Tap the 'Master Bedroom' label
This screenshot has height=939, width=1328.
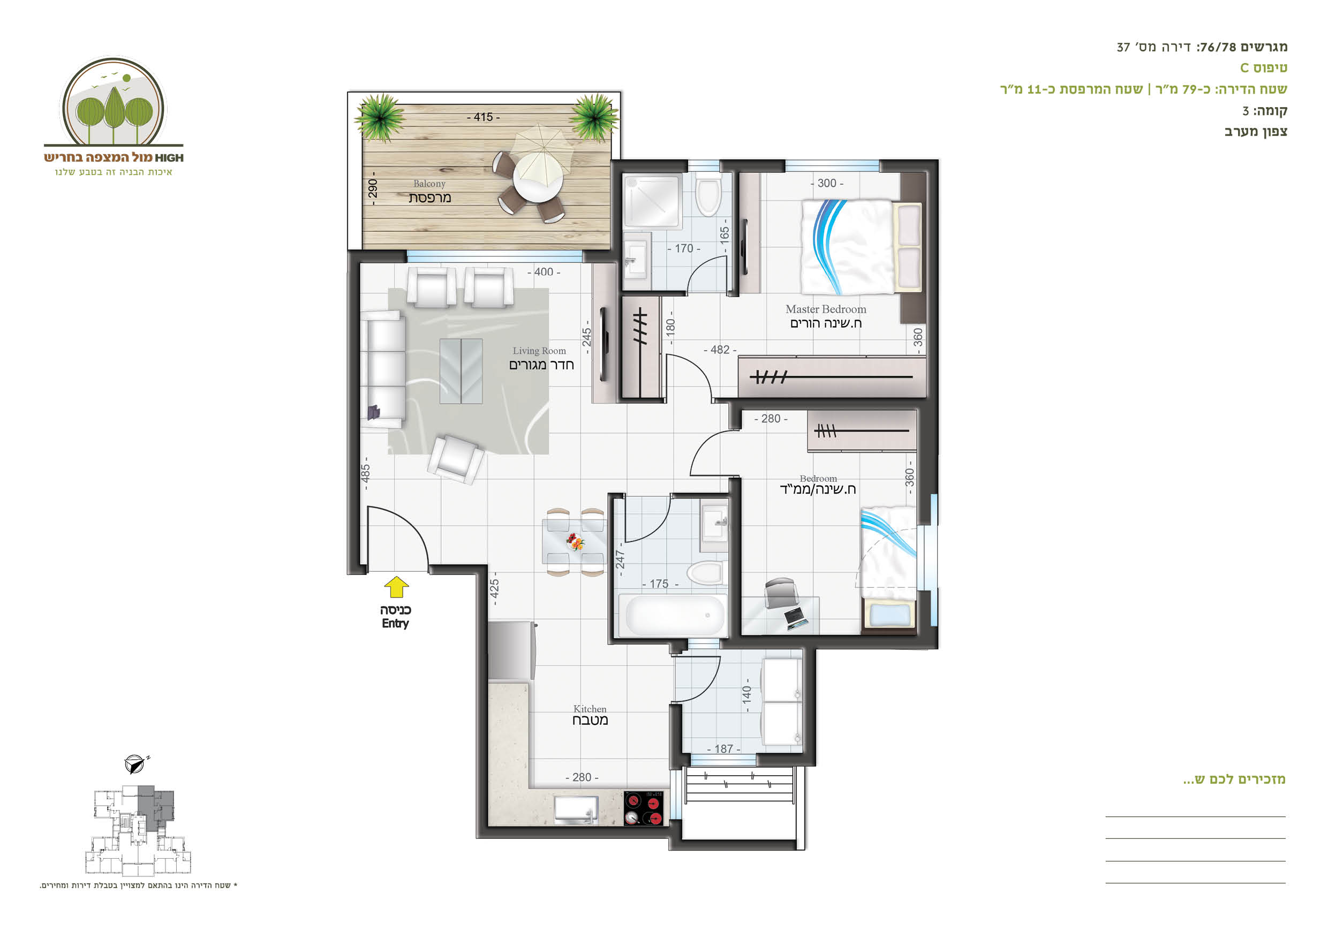825,309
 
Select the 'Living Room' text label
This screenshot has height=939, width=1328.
539,351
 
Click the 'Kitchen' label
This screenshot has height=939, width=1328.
590,709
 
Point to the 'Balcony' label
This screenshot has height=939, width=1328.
429,184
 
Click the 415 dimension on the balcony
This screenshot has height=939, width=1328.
484,117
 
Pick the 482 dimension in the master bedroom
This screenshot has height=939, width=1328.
720,350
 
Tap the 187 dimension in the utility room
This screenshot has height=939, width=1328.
723,749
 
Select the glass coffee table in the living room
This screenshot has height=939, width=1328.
461,371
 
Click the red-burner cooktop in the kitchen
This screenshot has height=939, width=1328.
644,808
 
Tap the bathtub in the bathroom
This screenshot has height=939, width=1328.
673,616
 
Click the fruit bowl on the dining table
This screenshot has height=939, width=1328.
575,542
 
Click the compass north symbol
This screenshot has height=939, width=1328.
136,763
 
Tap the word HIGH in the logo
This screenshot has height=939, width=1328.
169,158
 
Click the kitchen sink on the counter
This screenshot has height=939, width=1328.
576,809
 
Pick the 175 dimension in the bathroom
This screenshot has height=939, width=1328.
659,585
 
